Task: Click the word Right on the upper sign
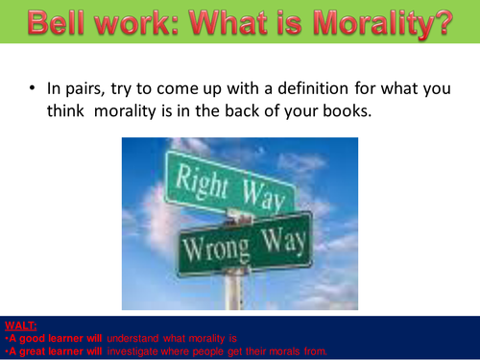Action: pyautogui.click(x=200, y=182)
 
